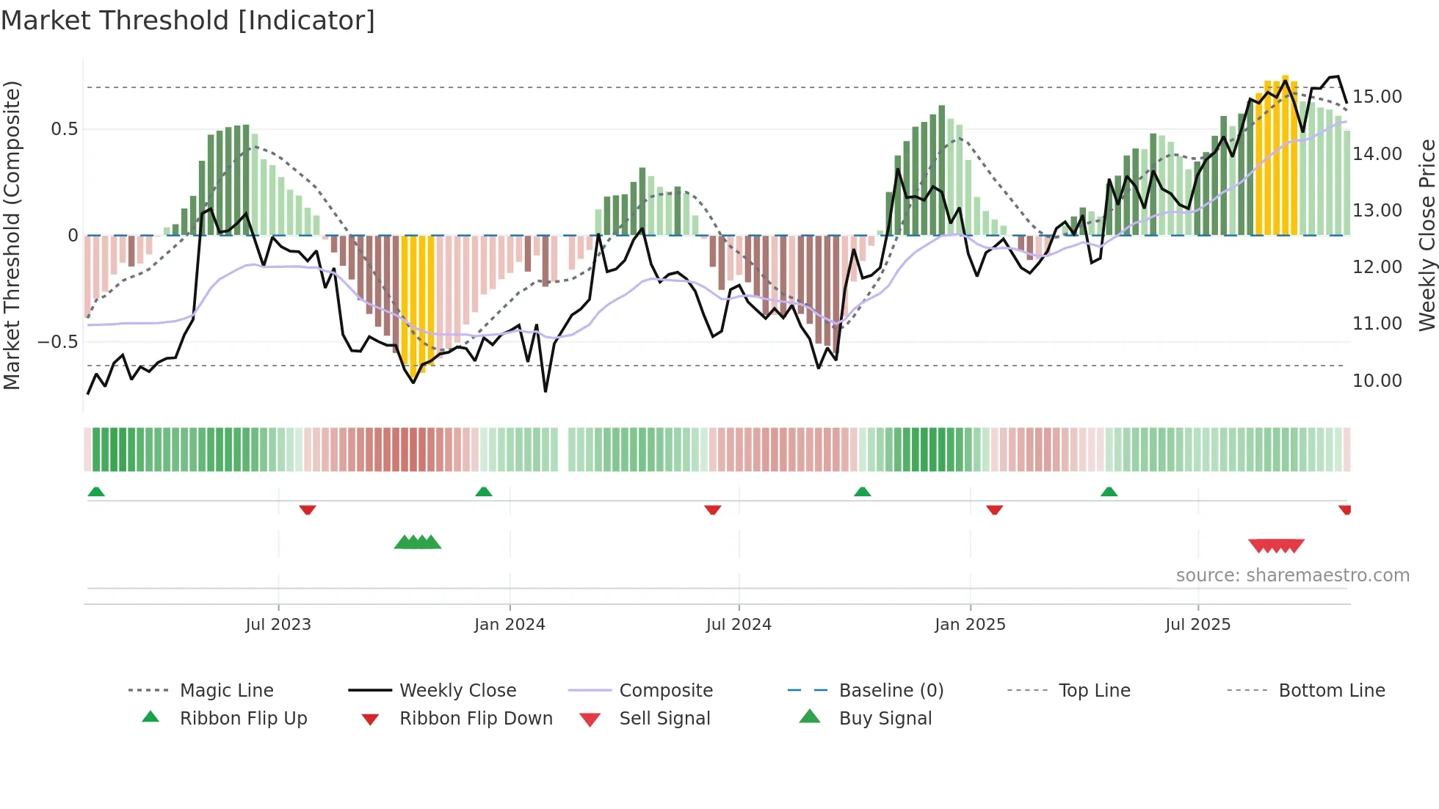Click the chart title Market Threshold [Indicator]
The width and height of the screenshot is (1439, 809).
pos(188,21)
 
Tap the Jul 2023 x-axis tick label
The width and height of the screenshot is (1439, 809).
pos(278,625)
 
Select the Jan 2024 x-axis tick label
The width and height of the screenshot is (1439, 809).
pos(510,625)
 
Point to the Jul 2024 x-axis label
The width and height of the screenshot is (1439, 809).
pos(739,625)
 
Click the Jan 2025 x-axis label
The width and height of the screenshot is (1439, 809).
pos(970,625)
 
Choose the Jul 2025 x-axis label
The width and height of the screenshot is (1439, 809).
pos(1197,625)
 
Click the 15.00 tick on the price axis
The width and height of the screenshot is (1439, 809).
pos(1377,97)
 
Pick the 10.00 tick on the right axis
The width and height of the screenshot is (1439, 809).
pos(1377,381)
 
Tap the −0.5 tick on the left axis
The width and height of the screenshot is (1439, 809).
pos(57,342)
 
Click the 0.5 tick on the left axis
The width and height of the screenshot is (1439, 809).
pos(64,129)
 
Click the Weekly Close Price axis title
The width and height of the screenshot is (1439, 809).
pos(1427,235)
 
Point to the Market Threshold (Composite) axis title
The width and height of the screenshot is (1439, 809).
pos(12,235)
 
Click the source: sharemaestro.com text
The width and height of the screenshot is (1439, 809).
pos(1292,576)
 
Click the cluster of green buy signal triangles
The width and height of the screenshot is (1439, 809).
pos(418,543)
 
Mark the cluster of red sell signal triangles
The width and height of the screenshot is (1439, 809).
pos(1276,545)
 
